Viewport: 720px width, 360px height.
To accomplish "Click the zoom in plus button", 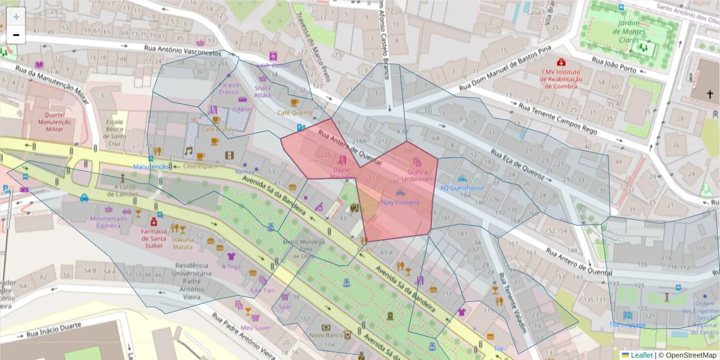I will point(16,17).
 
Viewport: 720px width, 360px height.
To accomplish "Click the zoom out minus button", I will point(16,35).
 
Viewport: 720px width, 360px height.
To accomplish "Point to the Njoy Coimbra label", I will point(400,202).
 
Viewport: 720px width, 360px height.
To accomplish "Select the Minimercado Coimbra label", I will point(109,222).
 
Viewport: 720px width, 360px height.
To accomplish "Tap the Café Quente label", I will point(294,112).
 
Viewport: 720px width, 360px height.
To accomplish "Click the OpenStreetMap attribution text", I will point(688,355).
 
